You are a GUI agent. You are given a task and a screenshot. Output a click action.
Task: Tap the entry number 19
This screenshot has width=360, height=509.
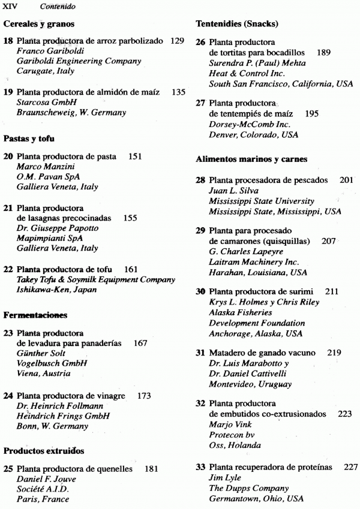coord(8,92)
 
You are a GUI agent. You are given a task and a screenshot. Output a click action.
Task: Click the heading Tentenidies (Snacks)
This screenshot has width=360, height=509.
coord(236,24)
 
